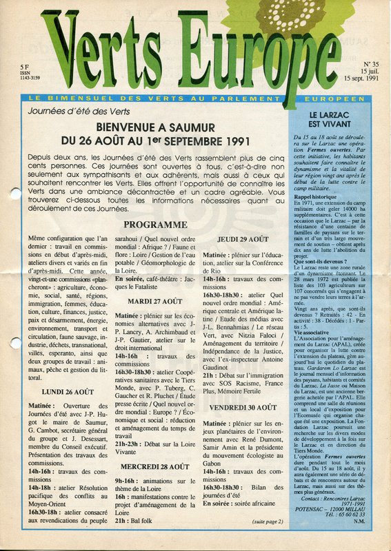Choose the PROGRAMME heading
click(x=155, y=225)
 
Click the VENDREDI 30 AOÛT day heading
click(x=244, y=407)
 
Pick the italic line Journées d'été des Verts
click(x=71, y=110)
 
